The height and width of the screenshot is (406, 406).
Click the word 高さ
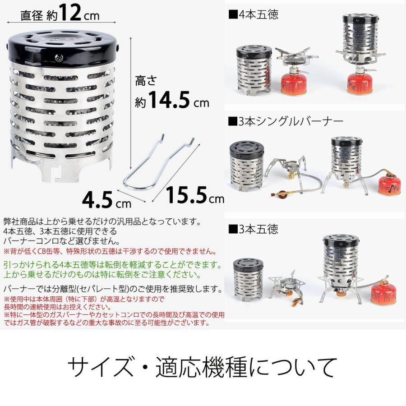pos(145,82)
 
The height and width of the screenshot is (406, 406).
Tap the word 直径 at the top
pos(31,16)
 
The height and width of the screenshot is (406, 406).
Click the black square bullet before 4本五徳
pos(233,14)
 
